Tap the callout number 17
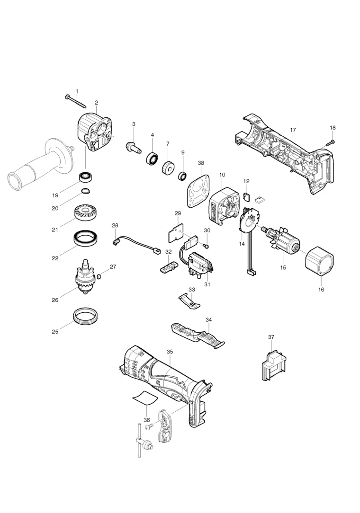[x=293, y=130]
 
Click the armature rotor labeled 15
[x=283, y=242]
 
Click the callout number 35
[x=170, y=352]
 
